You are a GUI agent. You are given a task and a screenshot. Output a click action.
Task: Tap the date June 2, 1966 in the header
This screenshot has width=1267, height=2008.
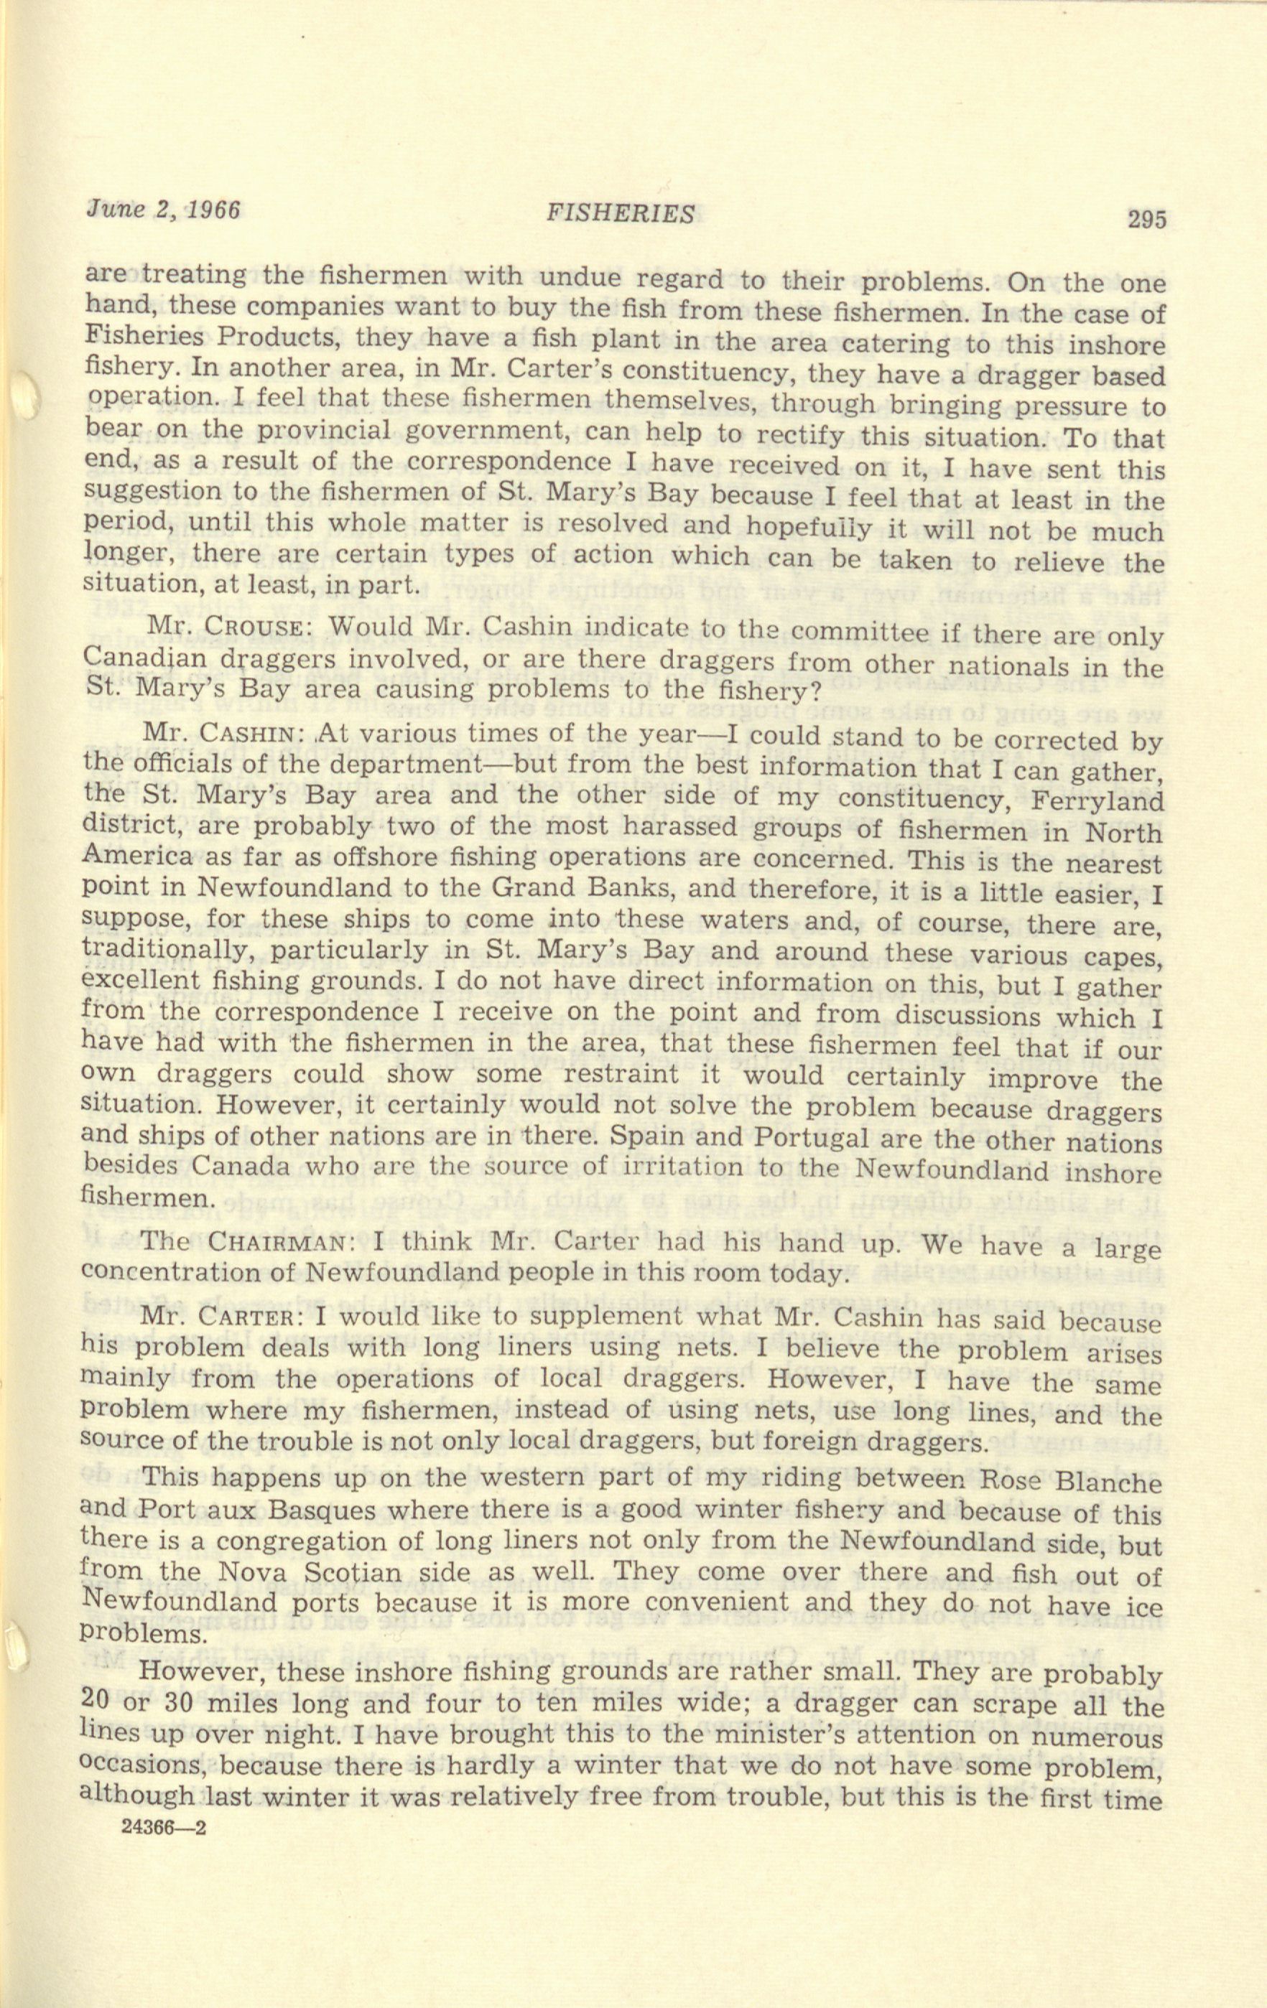(x=164, y=210)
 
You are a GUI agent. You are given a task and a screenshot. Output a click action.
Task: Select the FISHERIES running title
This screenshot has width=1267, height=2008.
(x=620, y=215)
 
